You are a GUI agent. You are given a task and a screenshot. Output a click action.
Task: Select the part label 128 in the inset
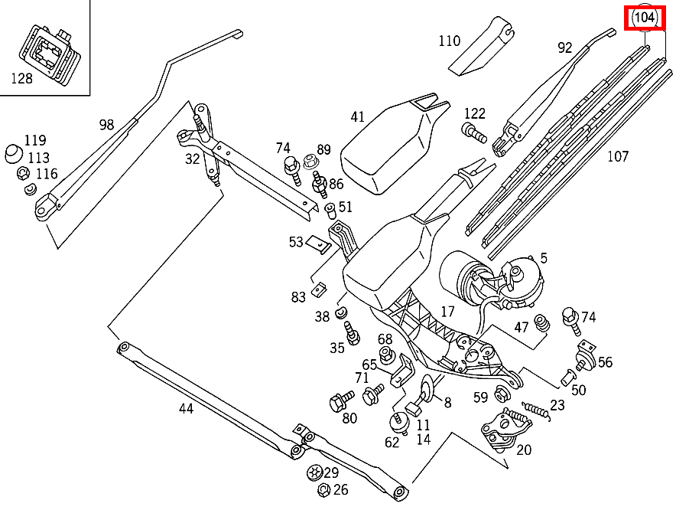coord(21,78)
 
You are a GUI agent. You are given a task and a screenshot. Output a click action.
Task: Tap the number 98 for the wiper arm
coord(106,124)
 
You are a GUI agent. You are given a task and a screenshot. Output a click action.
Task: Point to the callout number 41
coord(358,116)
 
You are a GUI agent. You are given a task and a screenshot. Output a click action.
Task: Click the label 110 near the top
coord(450,41)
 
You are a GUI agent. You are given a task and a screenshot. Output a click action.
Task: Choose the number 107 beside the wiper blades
coord(617,156)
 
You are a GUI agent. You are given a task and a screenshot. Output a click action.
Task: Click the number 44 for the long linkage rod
coord(187,408)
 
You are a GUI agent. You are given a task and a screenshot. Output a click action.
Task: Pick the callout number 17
coord(447,312)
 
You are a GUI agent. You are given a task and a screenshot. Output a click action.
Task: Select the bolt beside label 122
coord(474,133)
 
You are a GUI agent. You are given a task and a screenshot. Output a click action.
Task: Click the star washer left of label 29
coord(313,472)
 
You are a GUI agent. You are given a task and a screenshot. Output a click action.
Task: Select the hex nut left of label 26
coord(322,490)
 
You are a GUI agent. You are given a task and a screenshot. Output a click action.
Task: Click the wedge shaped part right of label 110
coord(483,47)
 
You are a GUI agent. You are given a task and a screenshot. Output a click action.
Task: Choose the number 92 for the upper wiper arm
coord(564,47)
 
